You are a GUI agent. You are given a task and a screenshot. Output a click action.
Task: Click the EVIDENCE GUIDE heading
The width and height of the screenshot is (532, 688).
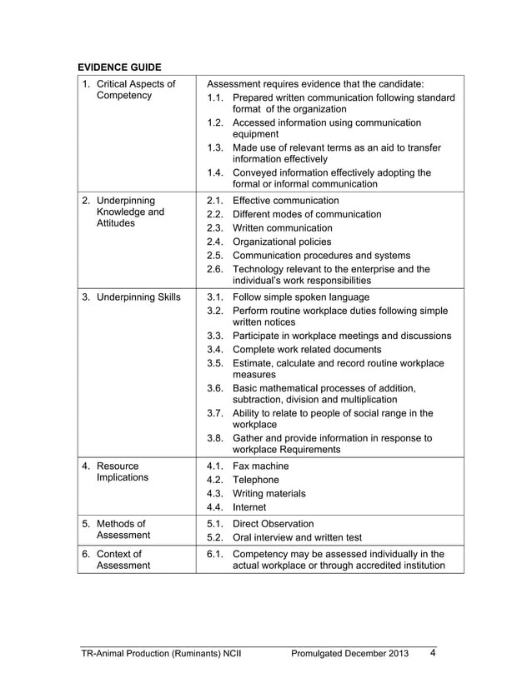(x=119, y=66)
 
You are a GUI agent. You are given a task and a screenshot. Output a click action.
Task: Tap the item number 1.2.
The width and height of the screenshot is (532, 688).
(x=215, y=122)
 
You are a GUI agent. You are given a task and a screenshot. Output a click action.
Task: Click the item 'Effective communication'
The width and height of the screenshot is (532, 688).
(x=285, y=201)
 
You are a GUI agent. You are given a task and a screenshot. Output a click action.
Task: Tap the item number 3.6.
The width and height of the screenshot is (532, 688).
(x=215, y=388)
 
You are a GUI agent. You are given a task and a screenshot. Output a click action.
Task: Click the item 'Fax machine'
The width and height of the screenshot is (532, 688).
(x=260, y=466)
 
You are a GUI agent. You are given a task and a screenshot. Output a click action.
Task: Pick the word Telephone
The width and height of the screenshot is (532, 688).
(x=256, y=480)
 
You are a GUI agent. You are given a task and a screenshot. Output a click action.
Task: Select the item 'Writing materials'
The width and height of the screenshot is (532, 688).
(x=269, y=493)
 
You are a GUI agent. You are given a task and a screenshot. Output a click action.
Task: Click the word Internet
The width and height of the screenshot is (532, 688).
(x=249, y=506)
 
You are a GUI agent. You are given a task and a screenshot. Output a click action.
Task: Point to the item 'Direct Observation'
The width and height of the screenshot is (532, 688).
(x=274, y=524)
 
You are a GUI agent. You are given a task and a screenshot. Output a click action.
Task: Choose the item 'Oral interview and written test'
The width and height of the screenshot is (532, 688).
(x=303, y=537)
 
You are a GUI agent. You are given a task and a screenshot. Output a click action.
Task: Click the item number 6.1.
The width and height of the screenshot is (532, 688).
(x=215, y=554)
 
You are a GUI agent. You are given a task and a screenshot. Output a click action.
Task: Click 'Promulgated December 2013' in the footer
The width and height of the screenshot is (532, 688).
(x=350, y=653)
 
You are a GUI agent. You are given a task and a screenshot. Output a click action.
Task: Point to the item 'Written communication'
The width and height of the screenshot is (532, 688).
(x=282, y=227)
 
